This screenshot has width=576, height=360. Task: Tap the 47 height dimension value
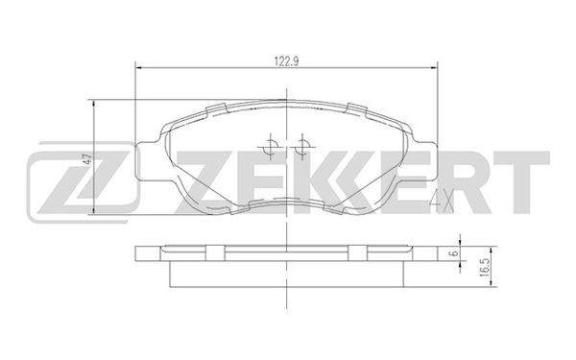[86, 160]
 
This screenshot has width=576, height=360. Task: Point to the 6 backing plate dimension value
[452, 254]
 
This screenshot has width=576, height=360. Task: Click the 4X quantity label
[441, 200]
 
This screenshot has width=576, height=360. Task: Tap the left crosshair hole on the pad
[272, 147]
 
